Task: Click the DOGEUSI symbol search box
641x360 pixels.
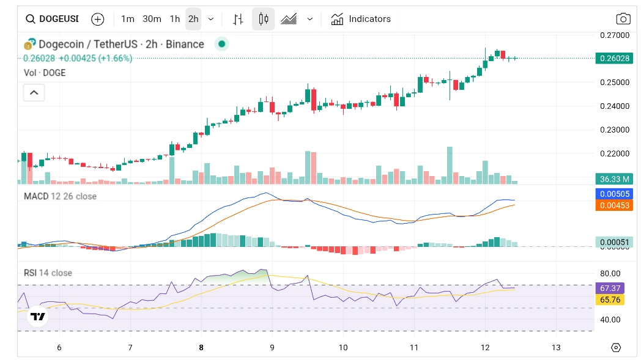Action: [53, 19]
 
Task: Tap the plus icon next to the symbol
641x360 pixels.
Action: [97, 19]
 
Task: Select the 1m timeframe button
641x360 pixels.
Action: [127, 19]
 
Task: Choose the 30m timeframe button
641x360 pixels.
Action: [152, 19]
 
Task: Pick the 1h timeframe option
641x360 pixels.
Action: [175, 19]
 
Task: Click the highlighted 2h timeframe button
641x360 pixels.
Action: [193, 19]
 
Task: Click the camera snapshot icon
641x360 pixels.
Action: [623, 19]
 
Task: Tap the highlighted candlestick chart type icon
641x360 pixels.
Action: [264, 19]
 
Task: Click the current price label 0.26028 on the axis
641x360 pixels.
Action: [614, 58]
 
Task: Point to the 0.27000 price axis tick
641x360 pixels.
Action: [614, 35]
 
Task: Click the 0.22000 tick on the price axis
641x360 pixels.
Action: [614, 153]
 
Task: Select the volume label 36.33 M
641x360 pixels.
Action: [614, 179]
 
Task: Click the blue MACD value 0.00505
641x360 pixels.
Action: [614, 194]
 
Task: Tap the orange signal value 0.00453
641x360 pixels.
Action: [614, 205]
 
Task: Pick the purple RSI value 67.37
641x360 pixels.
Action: [614, 288]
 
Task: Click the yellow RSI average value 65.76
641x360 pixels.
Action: [614, 299]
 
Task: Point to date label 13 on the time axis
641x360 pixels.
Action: [555, 347]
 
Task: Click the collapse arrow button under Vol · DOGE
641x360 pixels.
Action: [34, 93]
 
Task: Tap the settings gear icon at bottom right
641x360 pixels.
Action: [616, 347]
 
